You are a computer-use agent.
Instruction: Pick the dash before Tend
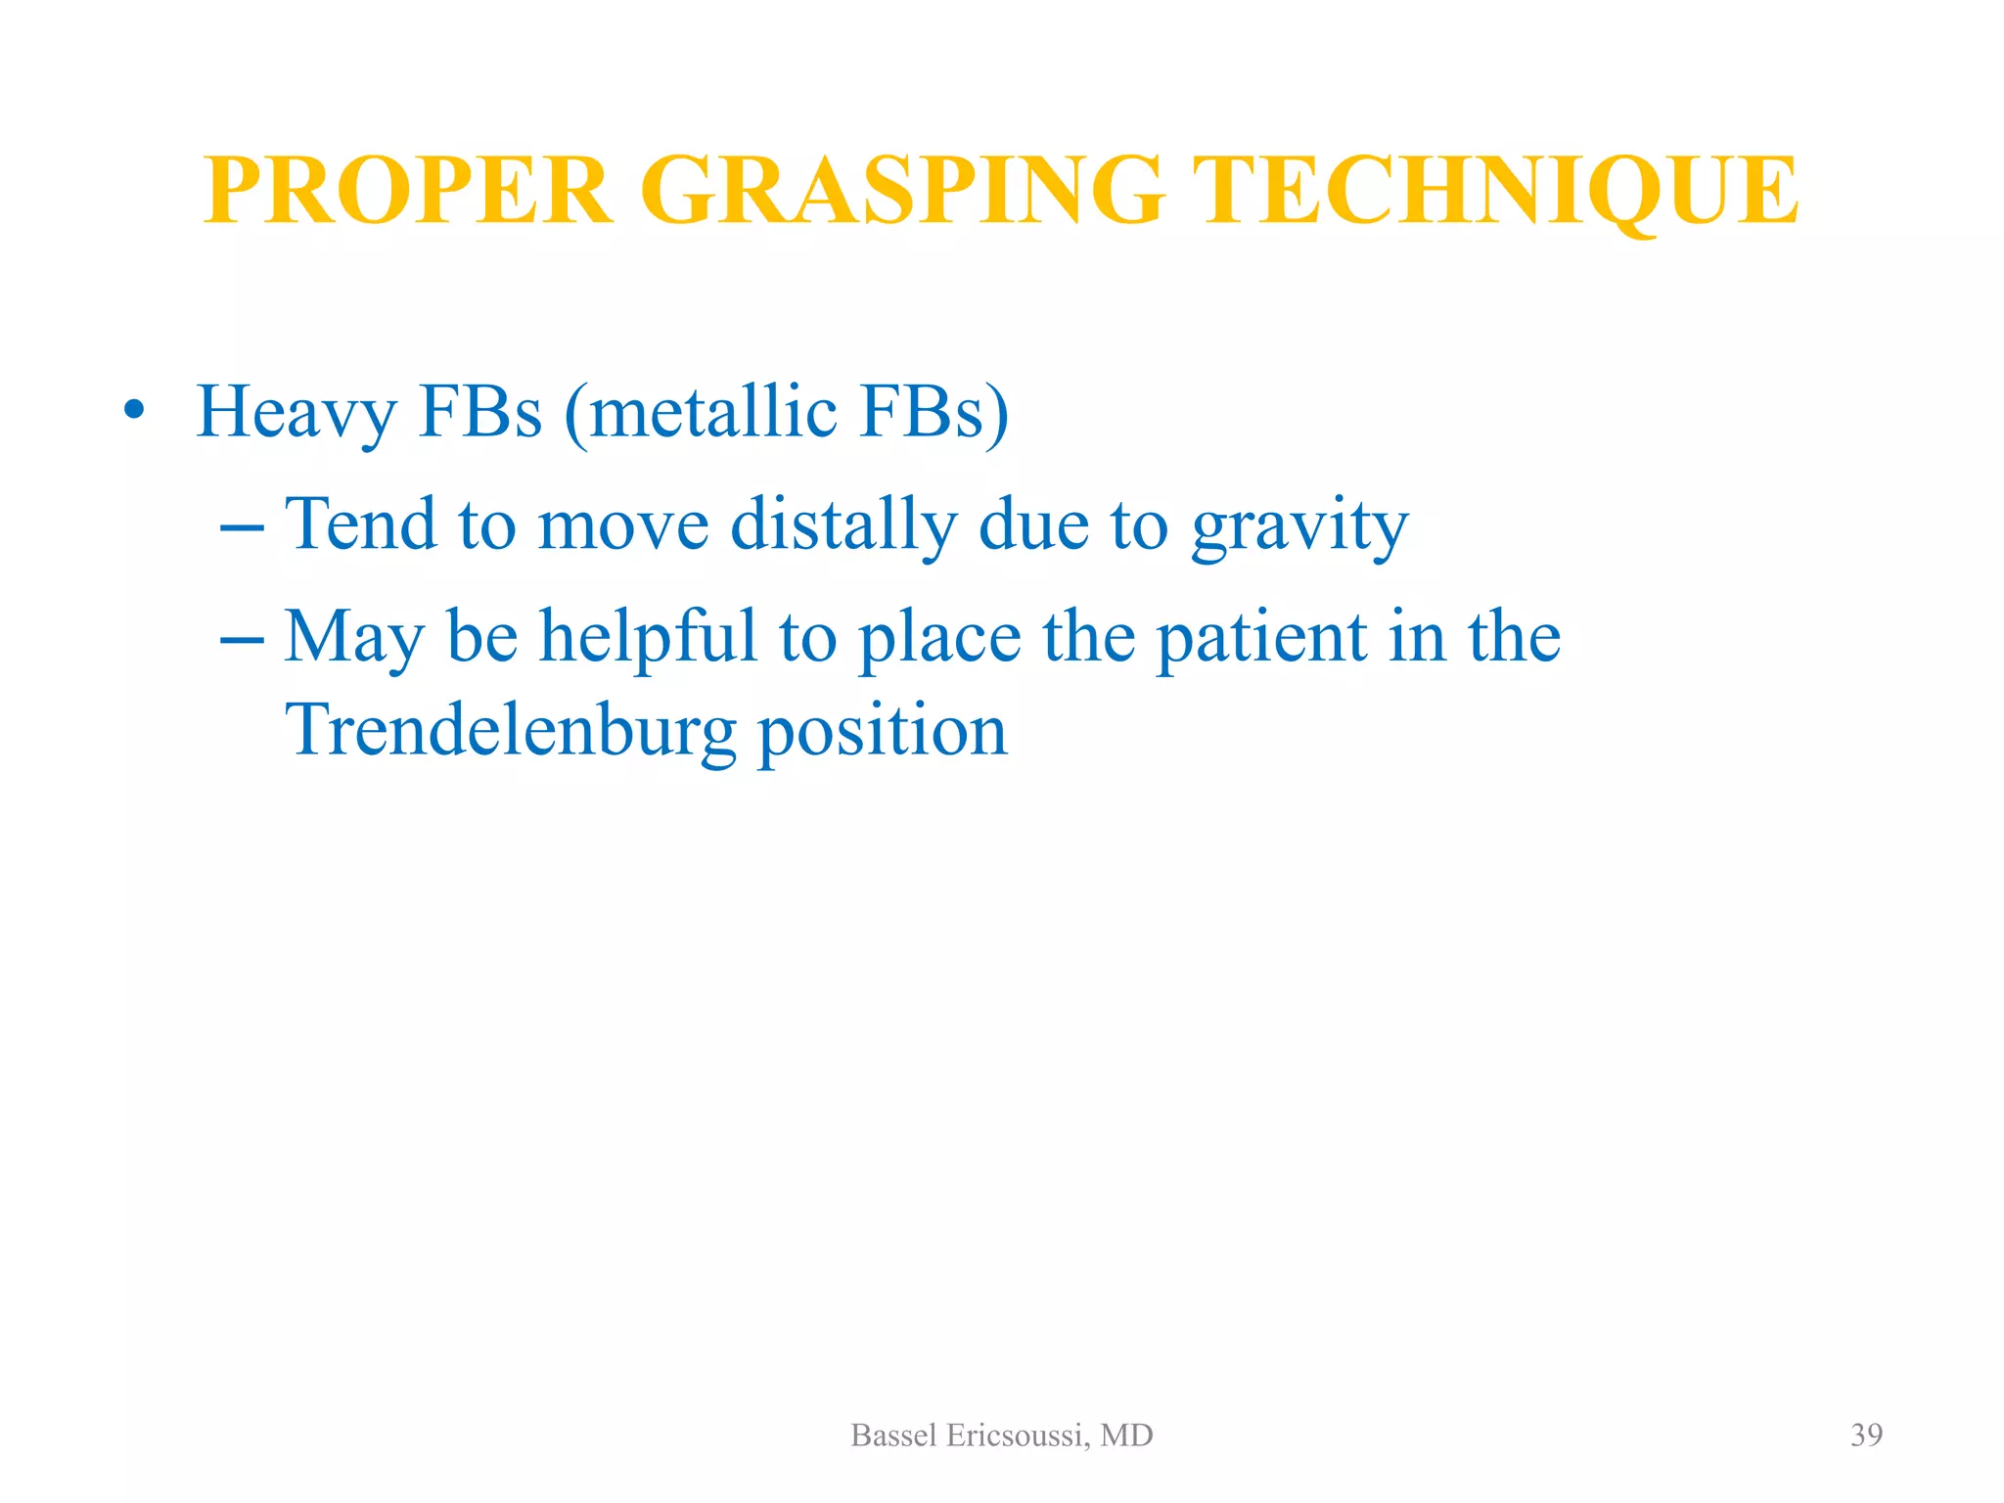coord(242,527)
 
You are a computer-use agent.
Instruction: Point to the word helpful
coord(649,637)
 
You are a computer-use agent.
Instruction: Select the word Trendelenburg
coord(510,730)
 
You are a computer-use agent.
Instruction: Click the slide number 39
coord(1866,1435)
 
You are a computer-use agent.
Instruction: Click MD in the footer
coord(1126,1435)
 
